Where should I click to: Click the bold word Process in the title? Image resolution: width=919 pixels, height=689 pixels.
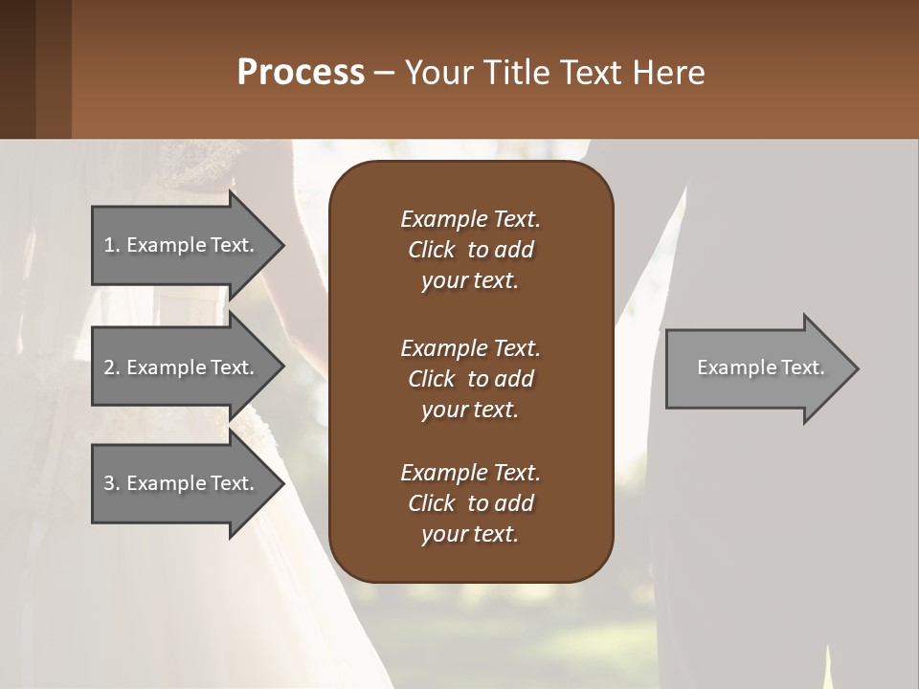point(301,73)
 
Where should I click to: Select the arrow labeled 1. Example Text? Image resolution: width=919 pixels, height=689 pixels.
point(182,245)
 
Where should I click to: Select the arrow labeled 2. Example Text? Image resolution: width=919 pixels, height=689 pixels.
point(182,367)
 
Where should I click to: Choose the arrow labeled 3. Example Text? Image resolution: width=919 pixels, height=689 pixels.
point(182,483)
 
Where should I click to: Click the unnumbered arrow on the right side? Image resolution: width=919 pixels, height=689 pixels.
point(756,367)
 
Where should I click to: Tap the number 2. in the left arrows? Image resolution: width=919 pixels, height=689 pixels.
point(112,367)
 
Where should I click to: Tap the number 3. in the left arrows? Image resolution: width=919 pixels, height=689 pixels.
point(112,483)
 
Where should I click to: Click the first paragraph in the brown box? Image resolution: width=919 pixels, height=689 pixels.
point(470,250)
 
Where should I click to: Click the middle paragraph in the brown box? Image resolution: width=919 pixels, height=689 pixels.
point(470,378)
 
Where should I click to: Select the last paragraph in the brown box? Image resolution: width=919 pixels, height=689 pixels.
point(470,503)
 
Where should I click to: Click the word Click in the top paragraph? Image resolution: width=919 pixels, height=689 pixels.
point(432,250)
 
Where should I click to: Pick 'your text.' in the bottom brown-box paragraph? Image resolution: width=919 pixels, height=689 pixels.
point(470,534)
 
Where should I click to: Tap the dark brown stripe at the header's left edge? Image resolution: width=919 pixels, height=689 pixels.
point(17,69)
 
